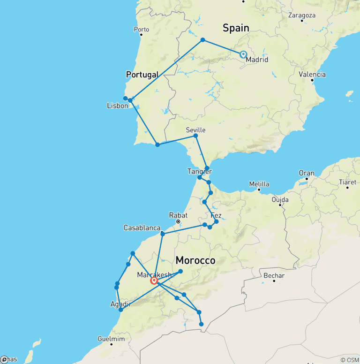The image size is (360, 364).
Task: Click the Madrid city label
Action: pos(257,60)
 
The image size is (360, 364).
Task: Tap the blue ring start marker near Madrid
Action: pos(243,54)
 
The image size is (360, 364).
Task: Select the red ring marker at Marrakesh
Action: pos(154,281)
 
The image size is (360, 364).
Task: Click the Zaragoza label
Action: pos(302,15)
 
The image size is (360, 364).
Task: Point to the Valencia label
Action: pos(312,75)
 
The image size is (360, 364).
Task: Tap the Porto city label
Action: pos(141,30)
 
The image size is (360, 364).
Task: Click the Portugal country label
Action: pos(142,75)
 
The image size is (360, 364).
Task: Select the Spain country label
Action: pos(235,28)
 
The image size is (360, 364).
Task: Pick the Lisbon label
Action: pos(117,106)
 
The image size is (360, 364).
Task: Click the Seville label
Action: pos(195,130)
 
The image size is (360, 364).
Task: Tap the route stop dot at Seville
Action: pos(195,136)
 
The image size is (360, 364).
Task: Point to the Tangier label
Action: pos(200,171)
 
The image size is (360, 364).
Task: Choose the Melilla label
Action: pos(259,184)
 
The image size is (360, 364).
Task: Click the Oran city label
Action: pos(307,173)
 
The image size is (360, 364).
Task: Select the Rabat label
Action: pos(178,215)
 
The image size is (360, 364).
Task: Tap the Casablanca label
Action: pos(142,228)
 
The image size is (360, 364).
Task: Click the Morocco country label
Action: pos(195,260)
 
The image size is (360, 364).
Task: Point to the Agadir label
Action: pos(120,304)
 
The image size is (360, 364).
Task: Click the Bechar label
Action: pos(274,275)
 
